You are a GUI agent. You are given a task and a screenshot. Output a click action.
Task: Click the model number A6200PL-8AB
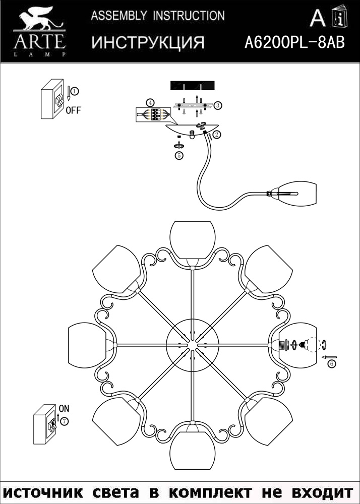click(294, 42)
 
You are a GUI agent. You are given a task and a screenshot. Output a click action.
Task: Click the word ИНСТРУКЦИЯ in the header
click(148, 42)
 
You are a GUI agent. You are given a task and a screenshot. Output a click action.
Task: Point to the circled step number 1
click(74, 91)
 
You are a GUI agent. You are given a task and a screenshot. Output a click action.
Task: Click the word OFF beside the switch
click(73, 111)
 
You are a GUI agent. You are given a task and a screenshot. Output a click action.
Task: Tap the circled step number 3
click(218, 105)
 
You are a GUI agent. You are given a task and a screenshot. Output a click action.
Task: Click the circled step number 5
click(178, 156)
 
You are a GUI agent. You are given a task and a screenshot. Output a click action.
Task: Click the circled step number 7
click(65, 420)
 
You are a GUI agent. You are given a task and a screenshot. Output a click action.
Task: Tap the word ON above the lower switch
click(64, 408)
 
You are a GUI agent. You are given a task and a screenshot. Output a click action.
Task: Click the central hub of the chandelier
click(192, 345)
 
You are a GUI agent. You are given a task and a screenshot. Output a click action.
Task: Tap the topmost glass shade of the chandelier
click(192, 239)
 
